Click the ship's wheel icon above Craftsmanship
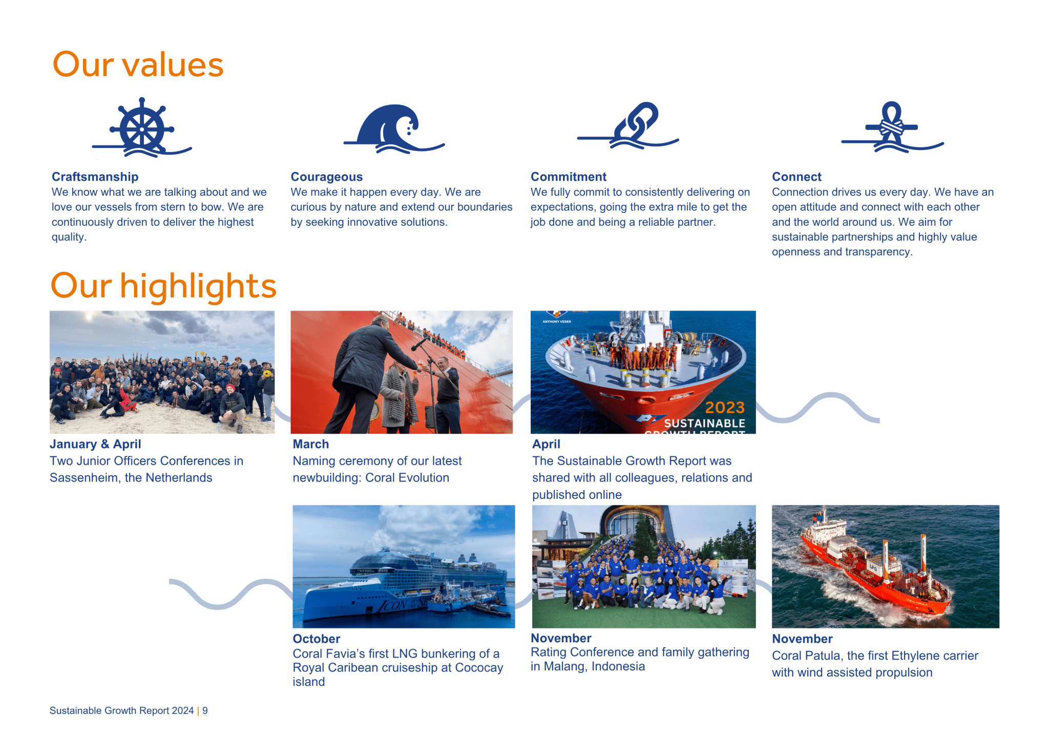(142, 127)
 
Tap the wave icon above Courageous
(393, 129)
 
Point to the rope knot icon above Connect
(892, 127)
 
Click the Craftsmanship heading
(95, 177)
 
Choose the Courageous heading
(327, 177)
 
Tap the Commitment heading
(569, 177)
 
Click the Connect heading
(796, 177)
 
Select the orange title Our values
(138, 64)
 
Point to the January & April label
(95, 444)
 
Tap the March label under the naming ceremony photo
(311, 444)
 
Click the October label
(317, 639)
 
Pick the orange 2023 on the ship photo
(725, 407)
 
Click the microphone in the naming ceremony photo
(419, 343)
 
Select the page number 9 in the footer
(205, 710)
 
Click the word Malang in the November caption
(565, 666)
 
